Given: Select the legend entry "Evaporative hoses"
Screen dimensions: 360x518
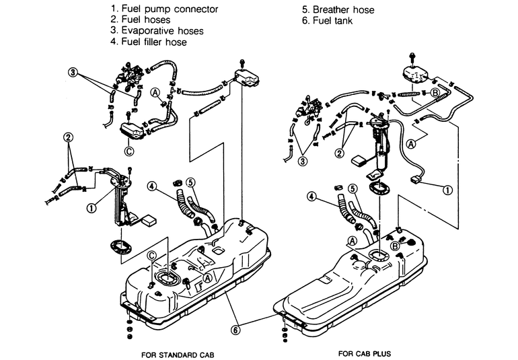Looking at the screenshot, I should (155, 31).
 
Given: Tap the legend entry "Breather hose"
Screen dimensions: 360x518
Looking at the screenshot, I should (341, 9).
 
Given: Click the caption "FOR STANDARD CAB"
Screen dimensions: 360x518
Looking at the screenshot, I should (178, 353).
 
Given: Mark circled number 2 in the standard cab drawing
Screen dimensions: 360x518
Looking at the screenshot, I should (68, 137).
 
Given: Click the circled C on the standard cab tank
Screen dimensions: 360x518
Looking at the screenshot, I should (151, 256).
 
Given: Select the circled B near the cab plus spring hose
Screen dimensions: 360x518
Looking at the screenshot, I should (435, 92).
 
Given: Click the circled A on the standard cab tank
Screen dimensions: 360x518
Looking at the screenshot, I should (207, 277).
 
